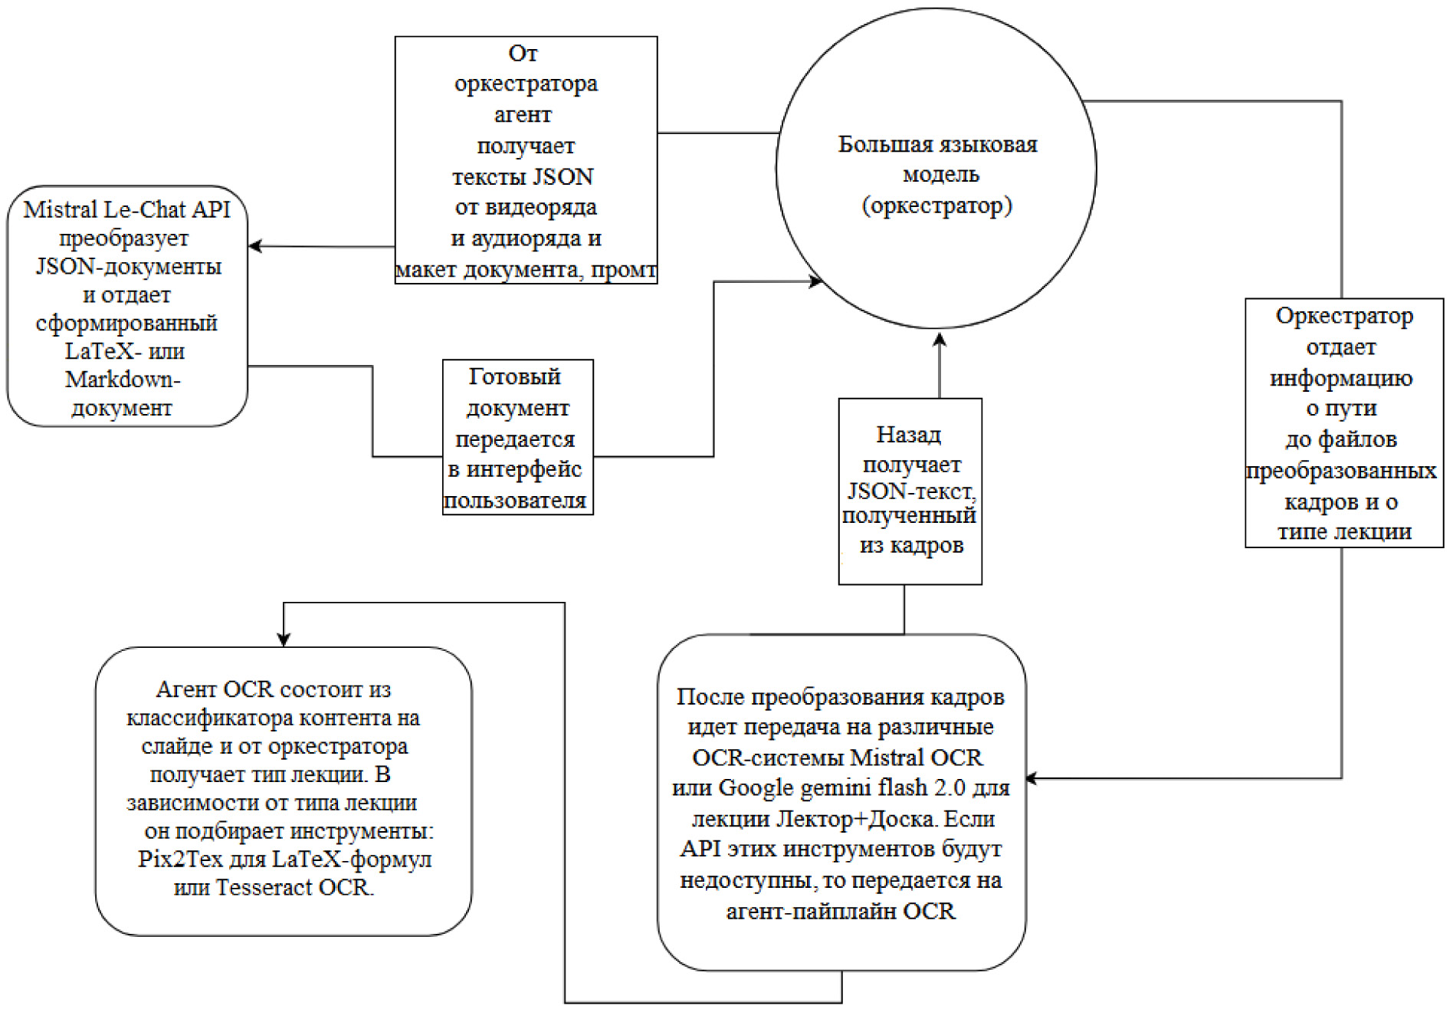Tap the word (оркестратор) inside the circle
936,205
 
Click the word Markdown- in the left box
123,380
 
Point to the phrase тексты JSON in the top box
523,176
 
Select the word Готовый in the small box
515,376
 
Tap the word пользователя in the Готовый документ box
515,501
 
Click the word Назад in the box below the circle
909,435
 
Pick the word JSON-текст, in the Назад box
911,490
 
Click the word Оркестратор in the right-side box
1344,316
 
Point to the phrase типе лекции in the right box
1344,531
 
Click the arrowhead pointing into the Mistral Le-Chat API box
256,247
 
